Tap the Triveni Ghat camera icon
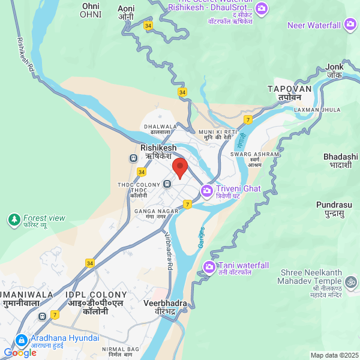pyautogui.click(x=207, y=190)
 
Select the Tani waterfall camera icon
pyautogui.click(x=209, y=266)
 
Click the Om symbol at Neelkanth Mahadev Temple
pyautogui.click(x=350, y=280)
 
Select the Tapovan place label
pyautogui.click(x=290, y=92)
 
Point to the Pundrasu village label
pyautogui.click(x=334, y=208)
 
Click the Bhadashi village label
pyautogui.click(x=340, y=160)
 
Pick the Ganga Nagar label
pyautogui.click(x=158, y=214)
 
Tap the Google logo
pyautogui.click(x=20, y=353)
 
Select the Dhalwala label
pyautogui.click(x=160, y=130)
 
